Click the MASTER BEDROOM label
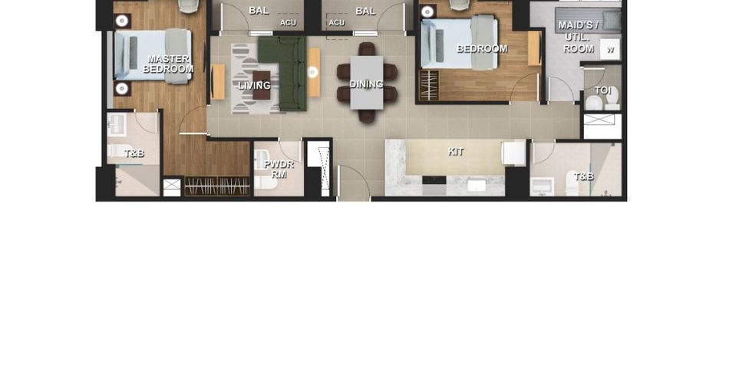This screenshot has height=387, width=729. coord(168,64)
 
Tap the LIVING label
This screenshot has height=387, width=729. coord(254,85)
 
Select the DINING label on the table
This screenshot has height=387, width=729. coord(366,84)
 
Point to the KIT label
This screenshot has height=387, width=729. coord(456,152)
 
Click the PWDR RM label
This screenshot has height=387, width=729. coord(279,169)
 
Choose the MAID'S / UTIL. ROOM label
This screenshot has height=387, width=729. coord(579,37)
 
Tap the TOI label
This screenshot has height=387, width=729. coord(603,90)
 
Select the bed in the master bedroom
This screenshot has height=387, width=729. coord(153,56)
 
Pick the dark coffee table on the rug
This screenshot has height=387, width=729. coord(261,85)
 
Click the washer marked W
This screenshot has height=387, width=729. coord(610,49)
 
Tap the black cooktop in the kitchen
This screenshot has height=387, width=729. coord(434,180)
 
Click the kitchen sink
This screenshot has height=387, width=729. coord(477,185)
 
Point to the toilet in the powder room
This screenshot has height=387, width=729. coord(266,182)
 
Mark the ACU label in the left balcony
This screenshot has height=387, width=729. coord(288,23)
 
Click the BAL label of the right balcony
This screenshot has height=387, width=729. coord(365,11)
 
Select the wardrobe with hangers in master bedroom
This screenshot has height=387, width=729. coord(217,185)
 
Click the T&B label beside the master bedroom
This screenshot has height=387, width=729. coord(134,153)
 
